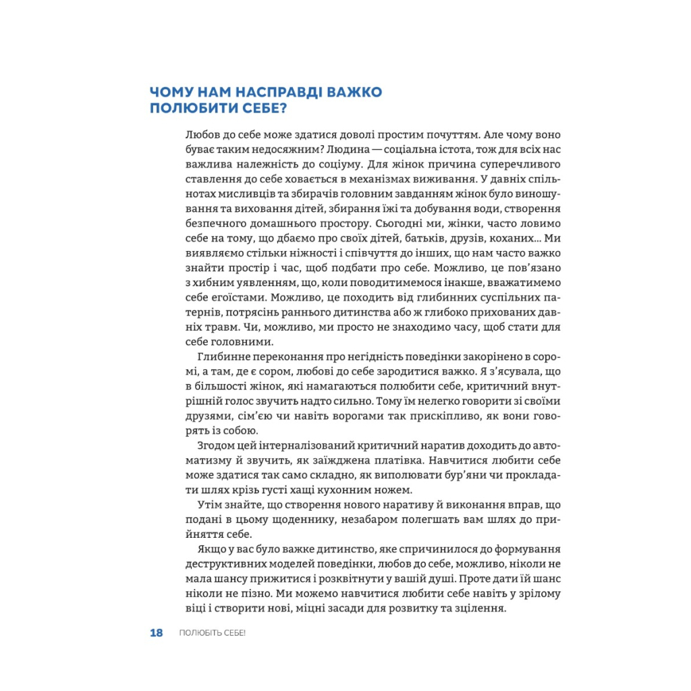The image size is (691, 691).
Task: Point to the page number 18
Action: pos(157,633)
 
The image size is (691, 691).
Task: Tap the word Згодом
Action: pos(217,447)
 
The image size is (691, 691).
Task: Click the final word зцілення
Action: pos(482,610)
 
